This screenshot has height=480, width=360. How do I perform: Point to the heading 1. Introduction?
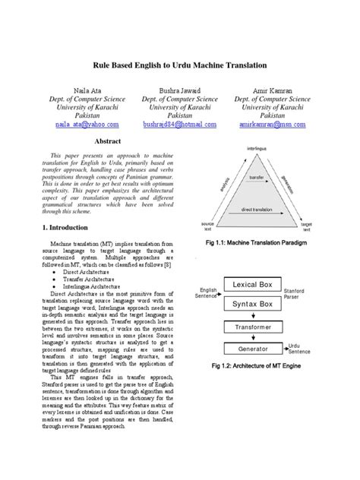coord(65,227)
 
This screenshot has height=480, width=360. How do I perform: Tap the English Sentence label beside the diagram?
coord(207,293)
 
